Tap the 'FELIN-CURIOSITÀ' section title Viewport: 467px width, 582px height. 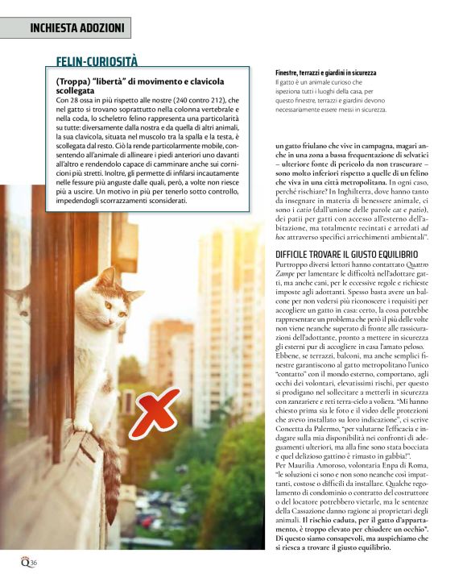coord(97,61)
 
